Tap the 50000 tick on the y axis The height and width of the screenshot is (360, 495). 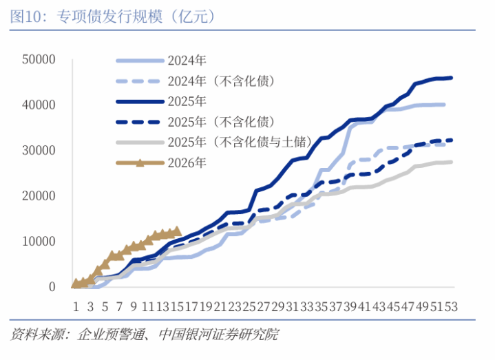[x=39, y=60]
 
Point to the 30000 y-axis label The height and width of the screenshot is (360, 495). [x=39, y=151]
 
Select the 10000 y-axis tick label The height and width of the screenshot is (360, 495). [x=39, y=242]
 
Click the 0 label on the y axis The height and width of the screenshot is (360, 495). [x=52, y=287]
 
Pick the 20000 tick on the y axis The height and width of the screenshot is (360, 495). [x=39, y=196]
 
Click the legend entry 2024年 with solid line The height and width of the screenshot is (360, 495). [x=187, y=61]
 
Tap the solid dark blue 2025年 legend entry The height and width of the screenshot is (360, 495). [x=187, y=102]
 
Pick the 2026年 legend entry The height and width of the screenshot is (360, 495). [x=187, y=163]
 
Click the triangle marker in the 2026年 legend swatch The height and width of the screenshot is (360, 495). [x=139, y=163]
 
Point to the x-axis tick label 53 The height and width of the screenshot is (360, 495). [x=452, y=305]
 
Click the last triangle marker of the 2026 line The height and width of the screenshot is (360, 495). [x=177, y=231]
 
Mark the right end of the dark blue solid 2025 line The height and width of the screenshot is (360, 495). [x=452, y=78]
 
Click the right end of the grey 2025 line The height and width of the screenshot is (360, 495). [x=452, y=162]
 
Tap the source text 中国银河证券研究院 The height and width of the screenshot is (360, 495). [x=219, y=335]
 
